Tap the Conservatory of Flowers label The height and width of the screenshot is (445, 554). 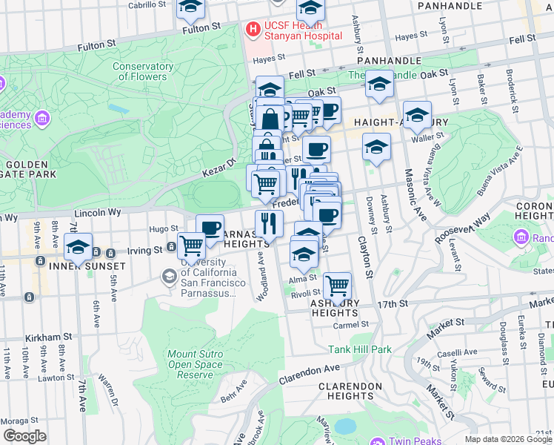tap(143, 71)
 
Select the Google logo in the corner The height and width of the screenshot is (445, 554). tap(24, 436)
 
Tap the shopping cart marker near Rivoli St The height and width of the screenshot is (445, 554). tap(337, 285)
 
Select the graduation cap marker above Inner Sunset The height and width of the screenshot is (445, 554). tap(78, 246)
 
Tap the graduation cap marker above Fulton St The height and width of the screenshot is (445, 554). tap(190, 8)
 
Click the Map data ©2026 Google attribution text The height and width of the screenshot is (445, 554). tap(508, 439)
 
